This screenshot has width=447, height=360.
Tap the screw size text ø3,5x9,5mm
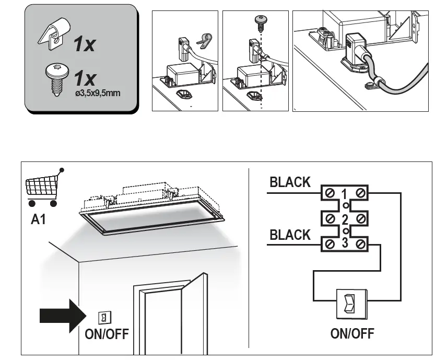point(98,94)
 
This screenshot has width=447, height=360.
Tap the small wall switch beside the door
point(103,317)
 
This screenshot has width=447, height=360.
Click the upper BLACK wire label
point(290,182)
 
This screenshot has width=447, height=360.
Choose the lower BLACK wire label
point(290,235)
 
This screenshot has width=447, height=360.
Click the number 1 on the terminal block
point(344,195)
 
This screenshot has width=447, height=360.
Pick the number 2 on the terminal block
point(344,218)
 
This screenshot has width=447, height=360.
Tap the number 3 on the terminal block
point(344,243)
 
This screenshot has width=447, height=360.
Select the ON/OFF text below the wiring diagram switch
point(352,333)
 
